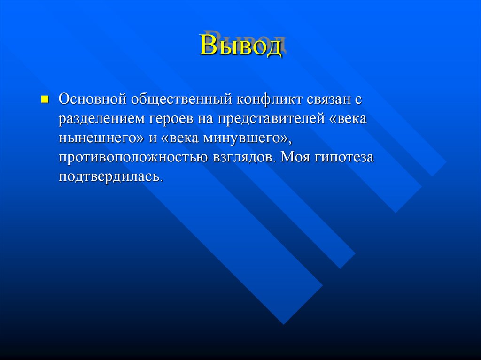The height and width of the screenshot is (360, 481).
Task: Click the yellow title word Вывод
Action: tap(240, 46)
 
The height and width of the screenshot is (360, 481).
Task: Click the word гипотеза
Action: tap(344, 158)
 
